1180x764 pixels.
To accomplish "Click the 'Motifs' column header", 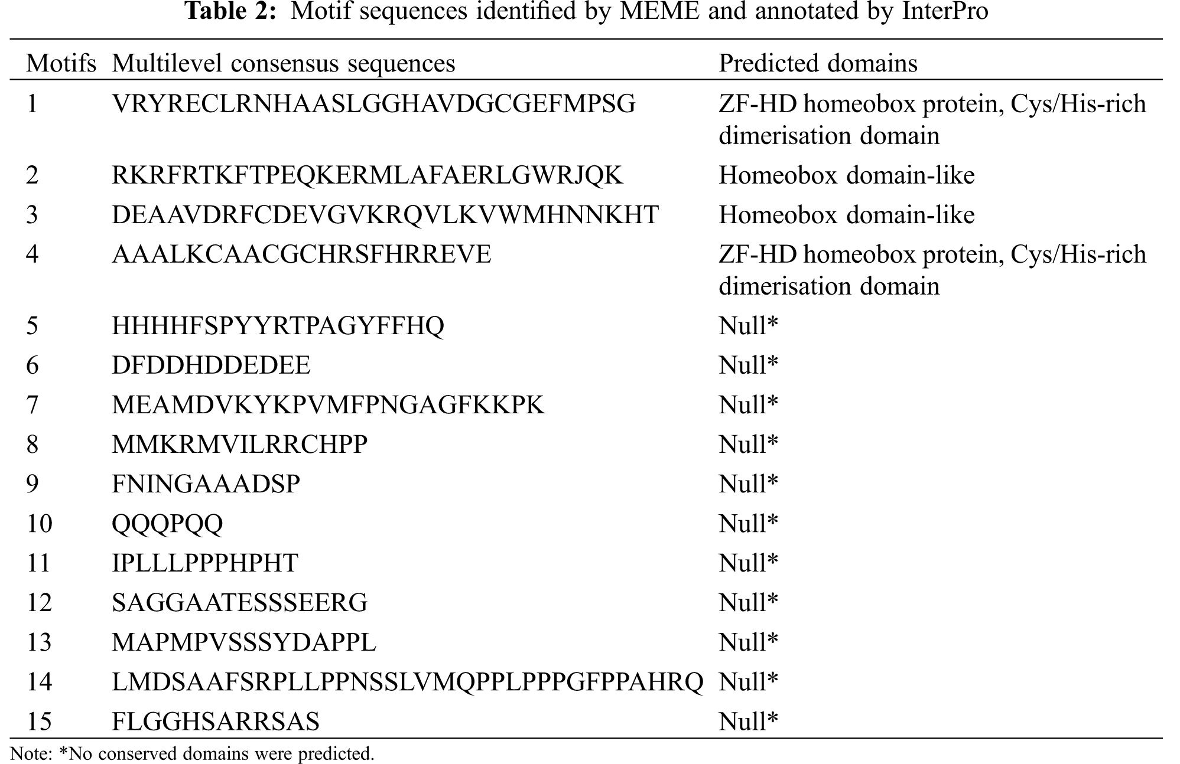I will [x=61, y=63].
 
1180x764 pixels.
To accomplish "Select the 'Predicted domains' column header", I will [x=818, y=63].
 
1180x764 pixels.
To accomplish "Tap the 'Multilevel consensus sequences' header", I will [x=283, y=63].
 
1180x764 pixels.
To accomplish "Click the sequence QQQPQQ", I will [x=167, y=524].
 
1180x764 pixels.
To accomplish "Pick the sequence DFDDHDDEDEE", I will [x=211, y=365].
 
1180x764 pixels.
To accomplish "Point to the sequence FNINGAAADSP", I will [x=206, y=484].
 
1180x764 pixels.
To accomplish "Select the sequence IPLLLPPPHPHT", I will [x=205, y=563].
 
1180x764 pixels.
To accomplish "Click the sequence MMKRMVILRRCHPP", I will [x=239, y=445].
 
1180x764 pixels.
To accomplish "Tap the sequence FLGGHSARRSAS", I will [x=216, y=721].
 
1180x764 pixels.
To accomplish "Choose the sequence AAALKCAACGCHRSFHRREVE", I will [x=301, y=255].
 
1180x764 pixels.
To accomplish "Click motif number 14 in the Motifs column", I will [x=39, y=682].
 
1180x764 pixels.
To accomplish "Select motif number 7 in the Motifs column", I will [x=32, y=405].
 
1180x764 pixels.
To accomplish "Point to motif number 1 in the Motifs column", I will [x=32, y=105].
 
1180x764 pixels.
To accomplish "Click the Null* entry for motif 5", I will [x=748, y=326].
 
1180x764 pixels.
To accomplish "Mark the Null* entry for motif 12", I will [x=748, y=603].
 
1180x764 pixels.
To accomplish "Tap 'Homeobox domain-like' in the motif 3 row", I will [x=846, y=215].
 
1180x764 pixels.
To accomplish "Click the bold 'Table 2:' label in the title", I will [x=231, y=12].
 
